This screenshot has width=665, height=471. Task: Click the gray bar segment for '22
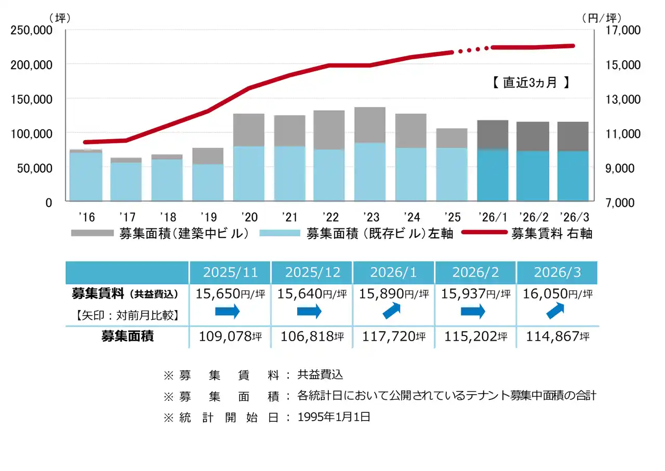click(x=329, y=130)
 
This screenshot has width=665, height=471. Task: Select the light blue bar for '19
click(x=208, y=182)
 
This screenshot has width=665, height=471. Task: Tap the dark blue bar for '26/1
click(x=492, y=175)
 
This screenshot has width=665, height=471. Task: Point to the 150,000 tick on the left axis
click(x=31, y=99)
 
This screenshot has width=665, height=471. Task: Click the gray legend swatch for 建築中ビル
click(x=92, y=233)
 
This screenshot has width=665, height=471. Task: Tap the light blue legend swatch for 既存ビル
click(x=280, y=233)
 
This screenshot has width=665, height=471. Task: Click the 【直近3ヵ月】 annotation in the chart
click(x=530, y=82)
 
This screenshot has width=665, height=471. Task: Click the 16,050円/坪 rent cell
click(x=557, y=293)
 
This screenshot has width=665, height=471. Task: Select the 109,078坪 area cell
click(x=230, y=337)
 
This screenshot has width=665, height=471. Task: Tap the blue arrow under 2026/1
click(x=393, y=312)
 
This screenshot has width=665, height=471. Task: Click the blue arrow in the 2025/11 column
click(x=228, y=312)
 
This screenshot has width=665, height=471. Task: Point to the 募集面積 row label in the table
click(x=127, y=336)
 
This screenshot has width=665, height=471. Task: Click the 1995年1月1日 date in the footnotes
click(x=334, y=416)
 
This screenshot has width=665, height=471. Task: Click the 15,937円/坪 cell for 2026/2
click(x=475, y=293)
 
